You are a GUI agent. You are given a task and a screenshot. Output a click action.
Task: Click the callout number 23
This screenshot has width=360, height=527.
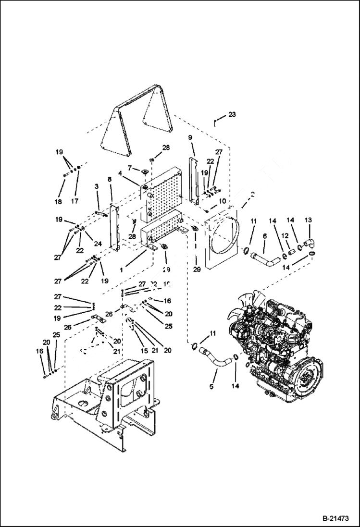tap(232, 114)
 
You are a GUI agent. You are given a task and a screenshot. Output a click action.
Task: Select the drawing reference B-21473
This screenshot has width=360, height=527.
tap(335, 519)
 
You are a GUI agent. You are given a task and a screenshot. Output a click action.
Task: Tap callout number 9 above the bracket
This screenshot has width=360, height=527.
tap(190, 137)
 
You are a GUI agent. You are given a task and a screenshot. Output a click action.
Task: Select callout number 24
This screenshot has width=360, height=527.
tap(98, 244)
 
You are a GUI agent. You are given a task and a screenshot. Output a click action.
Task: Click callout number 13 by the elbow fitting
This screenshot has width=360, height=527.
tap(309, 220)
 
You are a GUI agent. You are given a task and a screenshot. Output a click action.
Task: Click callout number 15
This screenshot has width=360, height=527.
tap(143, 351)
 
